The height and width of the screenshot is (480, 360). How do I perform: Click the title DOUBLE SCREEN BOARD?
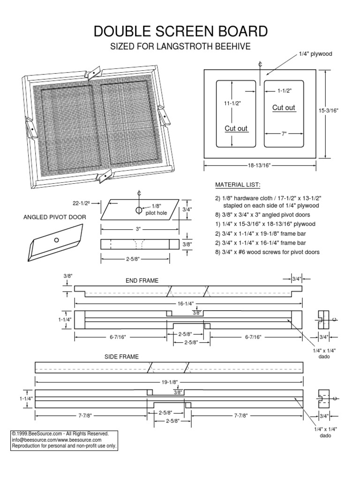pos(180,31)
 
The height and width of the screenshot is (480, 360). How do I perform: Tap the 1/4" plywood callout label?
pos(315,54)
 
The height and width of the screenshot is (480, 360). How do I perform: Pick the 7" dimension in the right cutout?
pos(284,134)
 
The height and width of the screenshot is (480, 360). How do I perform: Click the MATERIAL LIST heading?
pos(237,185)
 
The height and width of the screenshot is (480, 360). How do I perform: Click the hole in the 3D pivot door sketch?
pos(56,240)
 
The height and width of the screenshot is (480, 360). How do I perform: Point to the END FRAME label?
pos(142,280)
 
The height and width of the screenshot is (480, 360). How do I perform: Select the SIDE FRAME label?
pos(121,357)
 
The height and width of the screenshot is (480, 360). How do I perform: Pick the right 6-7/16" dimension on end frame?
pos(253,337)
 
